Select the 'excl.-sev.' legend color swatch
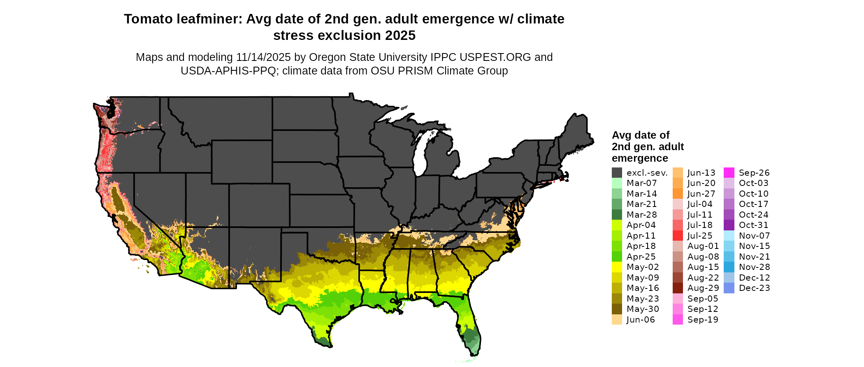(x=617, y=173)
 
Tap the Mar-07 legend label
(x=641, y=183)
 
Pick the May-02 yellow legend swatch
(x=617, y=267)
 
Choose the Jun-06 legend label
(x=641, y=320)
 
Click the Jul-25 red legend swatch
(x=678, y=236)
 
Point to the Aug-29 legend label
(x=703, y=288)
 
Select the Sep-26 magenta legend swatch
(x=729, y=173)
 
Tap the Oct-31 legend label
(x=753, y=225)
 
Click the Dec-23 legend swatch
(x=729, y=288)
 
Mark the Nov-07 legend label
(x=754, y=236)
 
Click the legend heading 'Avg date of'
(x=640, y=135)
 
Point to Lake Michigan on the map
(x=419, y=154)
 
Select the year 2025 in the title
(x=400, y=36)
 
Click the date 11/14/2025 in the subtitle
(x=263, y=57)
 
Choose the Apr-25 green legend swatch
(x=617, y=257)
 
